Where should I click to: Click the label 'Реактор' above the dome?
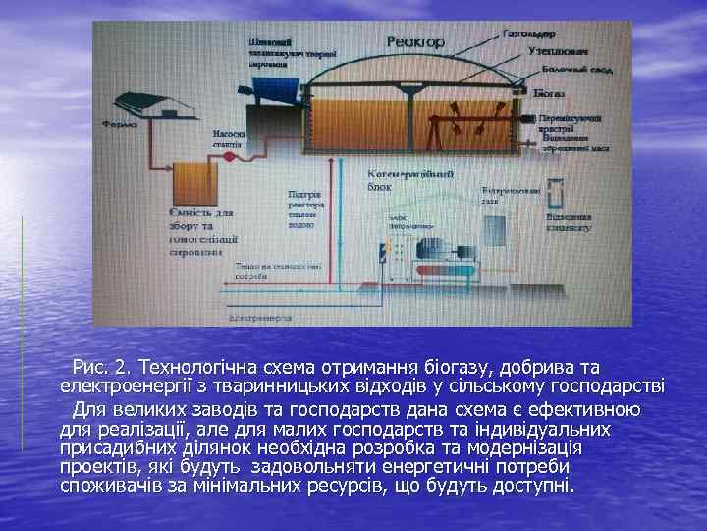click(415, 41)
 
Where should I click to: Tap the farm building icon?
click(149, 103)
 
